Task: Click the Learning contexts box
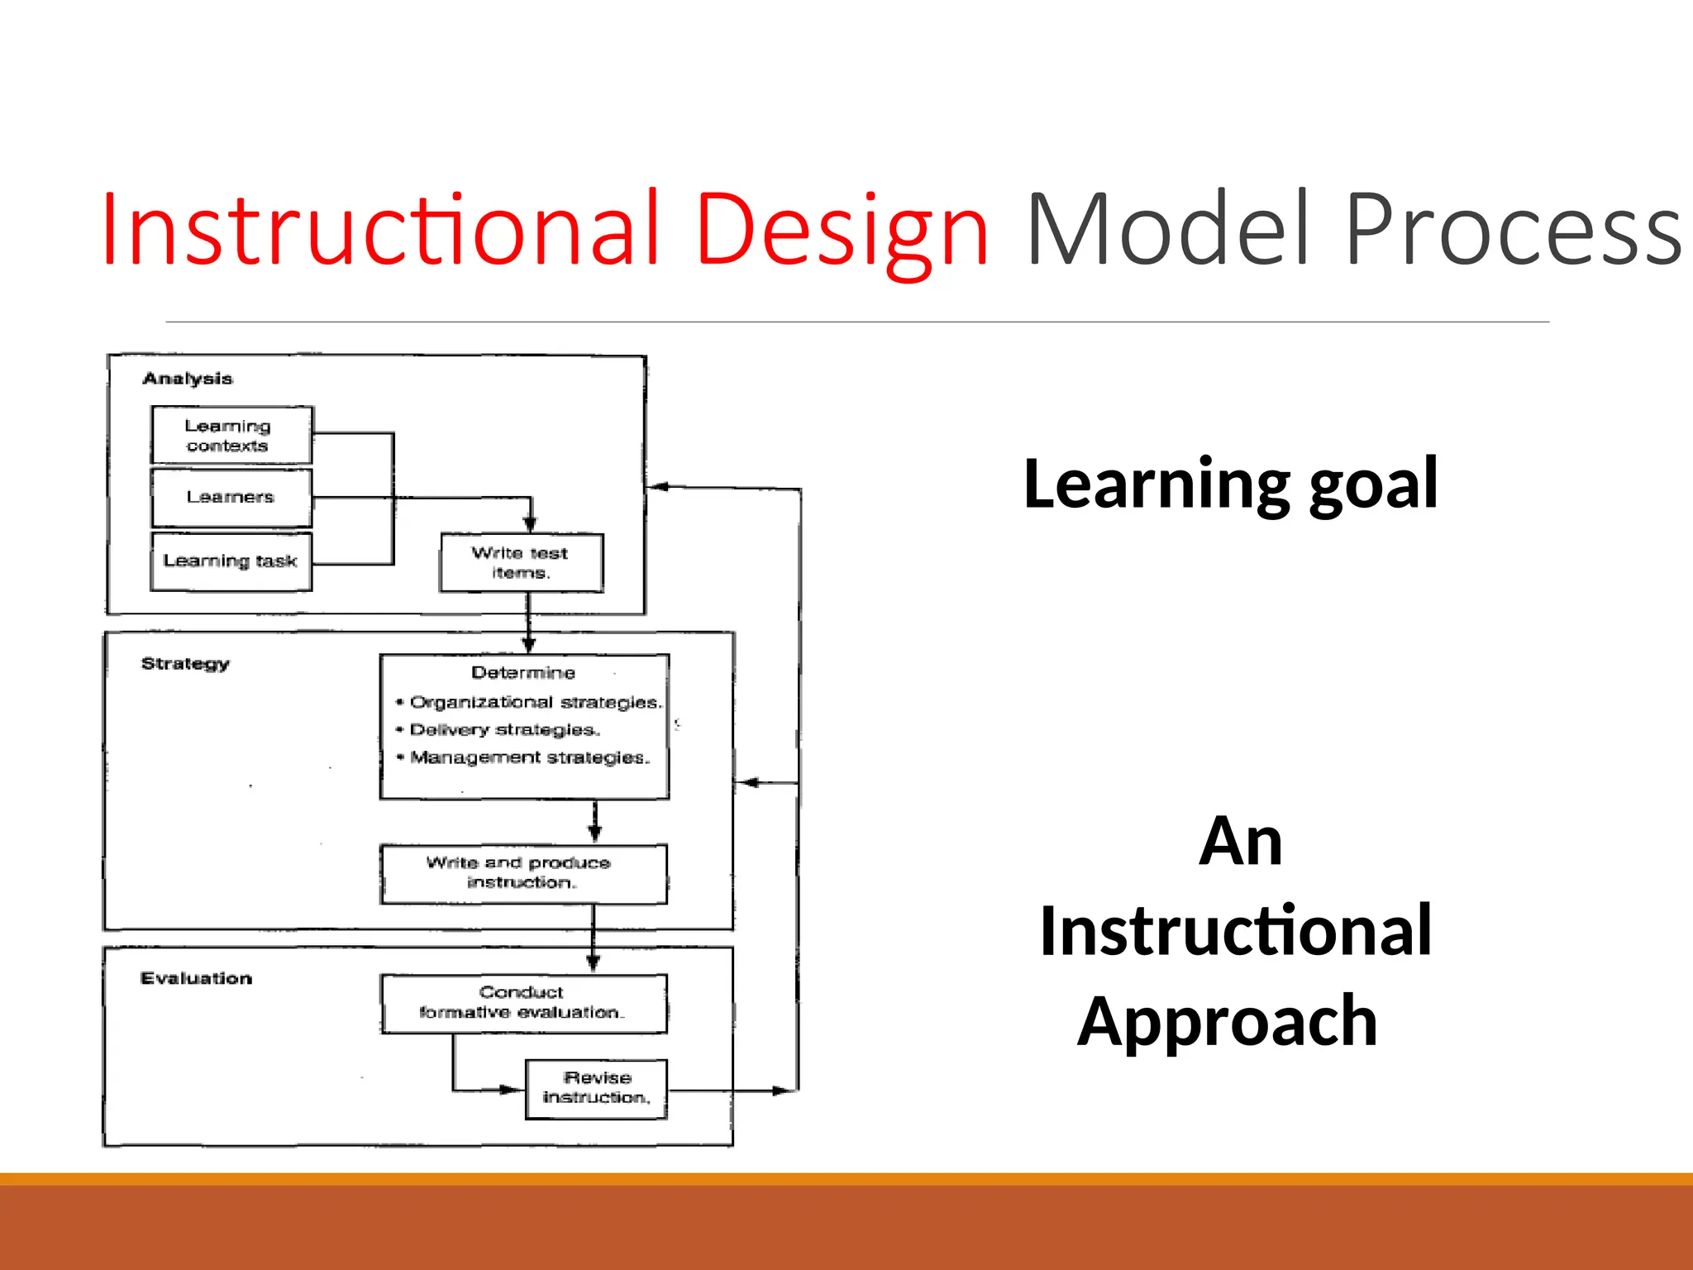(x=231, y=435)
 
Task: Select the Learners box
(x=231, y=497)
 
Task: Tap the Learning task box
(x=231, y=561)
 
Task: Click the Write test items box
(x=521, y=562)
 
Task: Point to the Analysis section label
(x=188, y=379)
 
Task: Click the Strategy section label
(x=185, y=663)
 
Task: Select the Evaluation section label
(x=196, y=978)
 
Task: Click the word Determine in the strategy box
(x=522, y=672)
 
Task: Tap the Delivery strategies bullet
(x=504, y=729)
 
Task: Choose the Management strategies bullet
(x=529, y=757)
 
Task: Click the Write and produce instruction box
(x=522, y=873)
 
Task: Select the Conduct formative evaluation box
(x=522, y=1002)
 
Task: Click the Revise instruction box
(x=596, y=1088)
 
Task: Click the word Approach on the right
(x=1227, y=1022)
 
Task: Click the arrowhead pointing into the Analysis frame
(x=658, y=487)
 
